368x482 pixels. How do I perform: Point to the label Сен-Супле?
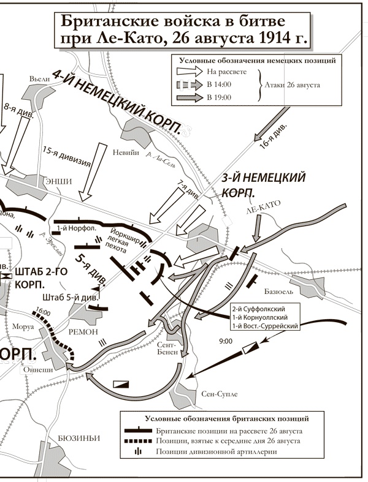click(219, 393)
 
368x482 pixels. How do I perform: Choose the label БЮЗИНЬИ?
click(79, 437)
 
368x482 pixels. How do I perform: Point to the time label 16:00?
click(43, 311)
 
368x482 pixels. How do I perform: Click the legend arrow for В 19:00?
click(186, 97)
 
